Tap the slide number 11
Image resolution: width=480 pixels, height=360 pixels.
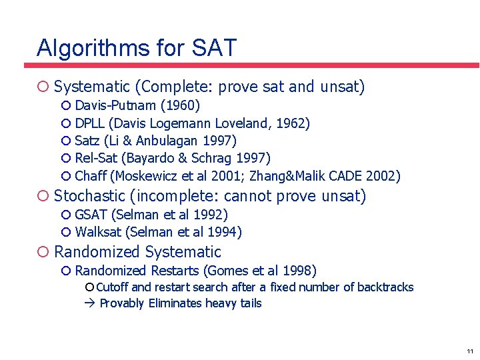470,351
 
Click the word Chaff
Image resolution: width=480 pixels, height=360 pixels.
91,176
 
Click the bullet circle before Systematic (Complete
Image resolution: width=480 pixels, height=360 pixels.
43,87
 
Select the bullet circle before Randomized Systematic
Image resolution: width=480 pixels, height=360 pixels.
43,252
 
